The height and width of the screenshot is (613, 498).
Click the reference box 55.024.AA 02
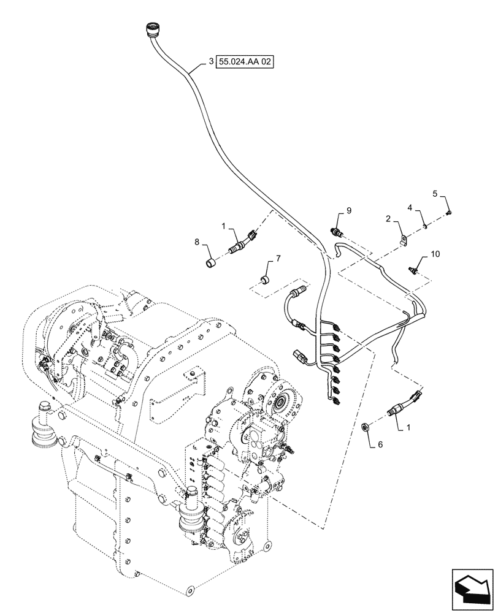coord(243,62)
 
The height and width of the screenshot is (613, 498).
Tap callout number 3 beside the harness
coord(211,62)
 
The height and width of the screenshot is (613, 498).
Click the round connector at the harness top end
coord(151,29)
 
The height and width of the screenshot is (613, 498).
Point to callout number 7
coord(278,258)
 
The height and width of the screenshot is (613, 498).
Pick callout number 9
coord(348,211)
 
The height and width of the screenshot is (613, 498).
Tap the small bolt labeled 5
coord(450,212)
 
